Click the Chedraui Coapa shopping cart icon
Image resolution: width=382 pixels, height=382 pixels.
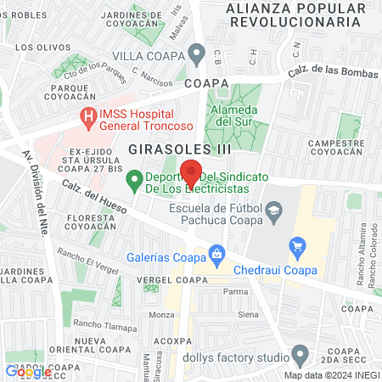[x=297, y=248]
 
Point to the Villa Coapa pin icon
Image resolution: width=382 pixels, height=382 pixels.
[x=197, y=56]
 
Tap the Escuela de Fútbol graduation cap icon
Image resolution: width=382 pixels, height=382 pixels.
[x=273, y=209]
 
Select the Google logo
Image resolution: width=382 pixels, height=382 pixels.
[x=28, y=371]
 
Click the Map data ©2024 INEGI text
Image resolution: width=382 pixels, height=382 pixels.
[x=331, y=374]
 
